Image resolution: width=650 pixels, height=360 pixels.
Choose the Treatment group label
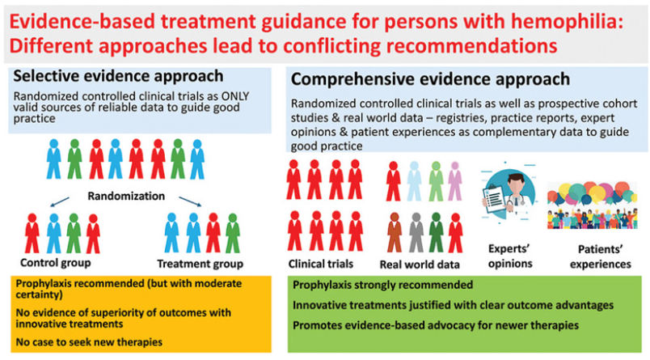click(199, 264)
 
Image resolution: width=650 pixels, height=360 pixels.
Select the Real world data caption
click(420, 265)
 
